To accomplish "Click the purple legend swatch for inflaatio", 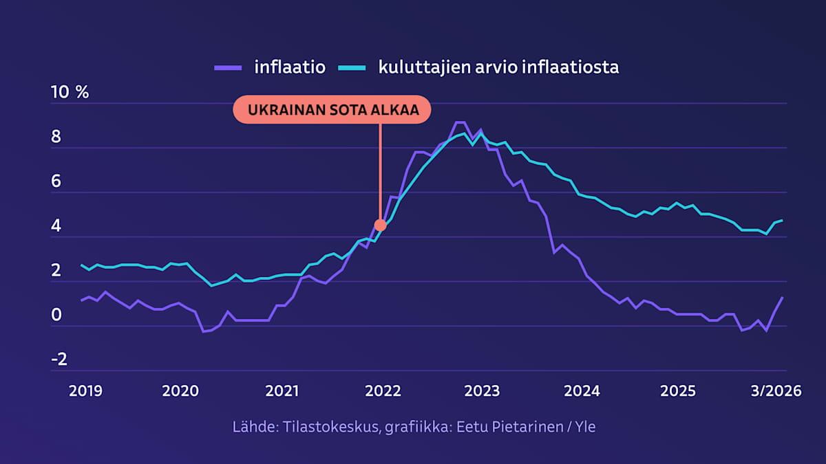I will [228, 67].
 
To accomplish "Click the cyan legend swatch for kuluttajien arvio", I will [351, 67].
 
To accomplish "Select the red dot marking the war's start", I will [380, 225].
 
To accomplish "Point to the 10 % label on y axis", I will [70, 93].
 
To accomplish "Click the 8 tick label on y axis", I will [56, 137].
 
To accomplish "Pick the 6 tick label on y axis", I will [56, 181].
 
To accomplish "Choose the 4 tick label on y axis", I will [56, 226].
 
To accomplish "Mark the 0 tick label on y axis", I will [56, 316].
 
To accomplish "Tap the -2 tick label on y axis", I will [59, 360].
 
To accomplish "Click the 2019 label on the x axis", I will [85, 391].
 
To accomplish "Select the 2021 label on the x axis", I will [282, 391].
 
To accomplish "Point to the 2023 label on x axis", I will [482, 391].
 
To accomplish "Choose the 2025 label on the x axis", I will [678, 391].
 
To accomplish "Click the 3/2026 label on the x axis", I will [775, 391].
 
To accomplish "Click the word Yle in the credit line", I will [584, 427].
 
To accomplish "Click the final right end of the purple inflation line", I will [783, 297].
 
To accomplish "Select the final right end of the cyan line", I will [783, 220].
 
